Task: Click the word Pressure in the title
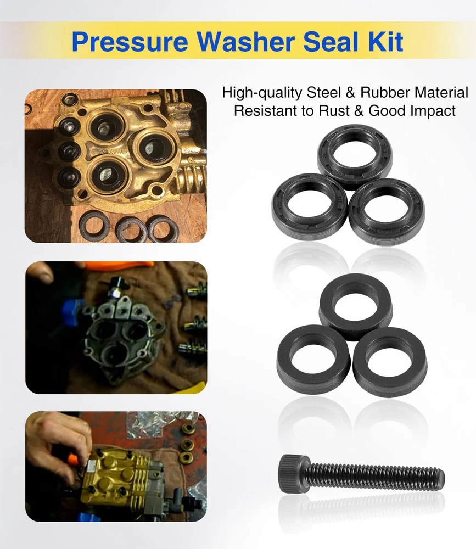[130, 42]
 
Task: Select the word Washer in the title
[246, 41]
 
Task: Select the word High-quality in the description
[262, 93]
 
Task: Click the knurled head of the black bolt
[294, 473]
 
